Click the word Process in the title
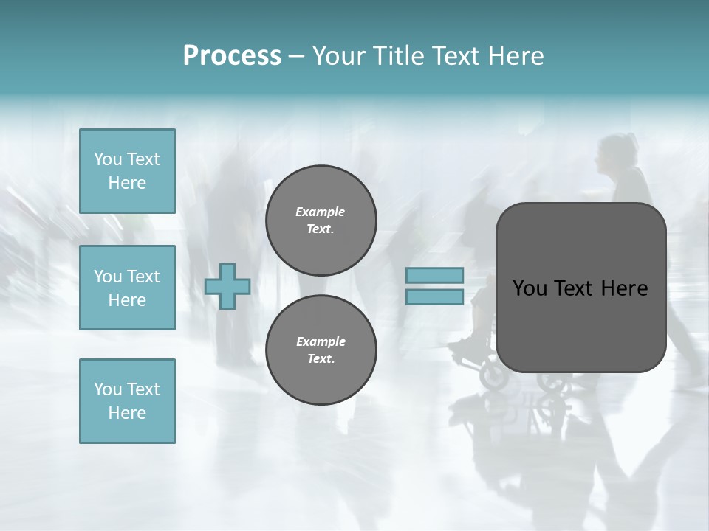tap(232, 56)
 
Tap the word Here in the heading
tap(515, 56)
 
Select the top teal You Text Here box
tap(127, 171)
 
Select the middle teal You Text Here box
tap(127, 288)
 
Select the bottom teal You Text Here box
tap(127, 401)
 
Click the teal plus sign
tap(227, 286)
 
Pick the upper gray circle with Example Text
tap(321, 220)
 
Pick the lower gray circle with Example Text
tap(321, 350)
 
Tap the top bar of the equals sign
tap(434, 275)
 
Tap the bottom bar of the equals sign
tap(434, 296)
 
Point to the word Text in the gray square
tap(574, 288)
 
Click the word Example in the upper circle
tap(320, 212)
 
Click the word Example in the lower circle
tap(321, 341)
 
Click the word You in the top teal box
tap(108, 159)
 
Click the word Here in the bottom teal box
tap(127, 413)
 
